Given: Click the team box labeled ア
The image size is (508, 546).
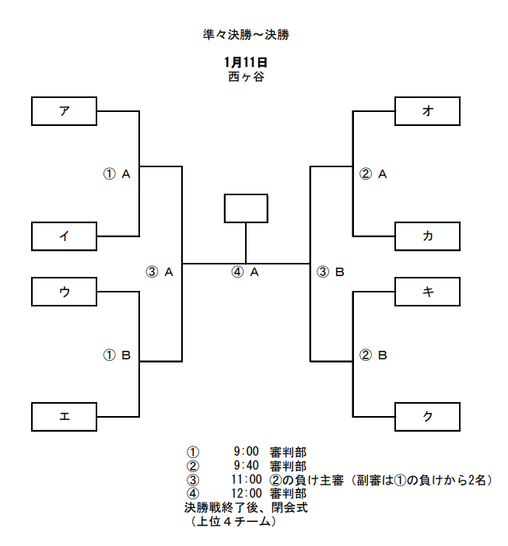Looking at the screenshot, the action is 64,111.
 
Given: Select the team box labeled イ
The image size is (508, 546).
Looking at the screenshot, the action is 64,236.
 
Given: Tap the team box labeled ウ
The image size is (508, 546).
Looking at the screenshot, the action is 64,292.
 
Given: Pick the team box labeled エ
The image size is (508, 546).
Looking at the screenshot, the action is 64,417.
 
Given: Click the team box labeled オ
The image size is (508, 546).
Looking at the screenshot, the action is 427,111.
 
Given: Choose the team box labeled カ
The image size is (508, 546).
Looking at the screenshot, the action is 427,236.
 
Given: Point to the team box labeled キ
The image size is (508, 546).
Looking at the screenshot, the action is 427,292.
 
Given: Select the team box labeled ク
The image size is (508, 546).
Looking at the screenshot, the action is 427,417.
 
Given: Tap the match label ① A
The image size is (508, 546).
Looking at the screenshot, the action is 117,173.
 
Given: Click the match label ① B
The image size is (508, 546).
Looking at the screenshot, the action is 117,355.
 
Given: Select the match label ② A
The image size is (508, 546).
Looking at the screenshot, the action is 373,173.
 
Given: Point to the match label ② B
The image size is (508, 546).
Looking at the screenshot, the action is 373,355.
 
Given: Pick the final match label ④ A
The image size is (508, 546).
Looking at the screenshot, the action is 245,272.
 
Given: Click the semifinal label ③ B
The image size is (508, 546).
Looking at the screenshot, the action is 331,272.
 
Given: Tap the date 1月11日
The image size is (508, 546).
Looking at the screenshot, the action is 246,62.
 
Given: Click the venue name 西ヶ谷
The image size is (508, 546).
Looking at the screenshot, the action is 246,76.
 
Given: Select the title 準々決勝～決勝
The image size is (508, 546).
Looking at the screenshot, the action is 246,35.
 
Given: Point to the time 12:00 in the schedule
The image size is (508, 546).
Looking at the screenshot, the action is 247,493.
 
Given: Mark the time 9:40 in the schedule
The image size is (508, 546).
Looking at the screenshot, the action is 247,466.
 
